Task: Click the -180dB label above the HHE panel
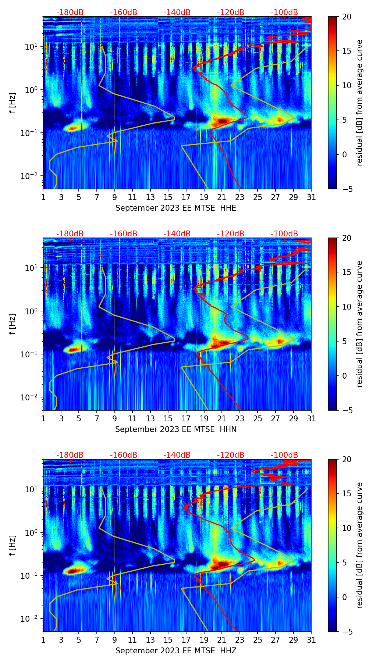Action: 70,13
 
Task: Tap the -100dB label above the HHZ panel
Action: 284,455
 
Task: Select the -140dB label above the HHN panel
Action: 177,234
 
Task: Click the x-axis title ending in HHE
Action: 176,208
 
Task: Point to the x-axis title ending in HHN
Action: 176,429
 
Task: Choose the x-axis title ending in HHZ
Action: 176,651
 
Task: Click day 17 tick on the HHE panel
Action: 186,197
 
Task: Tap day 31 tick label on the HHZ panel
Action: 311,640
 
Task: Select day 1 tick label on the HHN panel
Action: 43,419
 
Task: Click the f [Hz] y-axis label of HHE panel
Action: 13,103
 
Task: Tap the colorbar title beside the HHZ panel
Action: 359,545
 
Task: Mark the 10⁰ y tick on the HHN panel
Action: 30,311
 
